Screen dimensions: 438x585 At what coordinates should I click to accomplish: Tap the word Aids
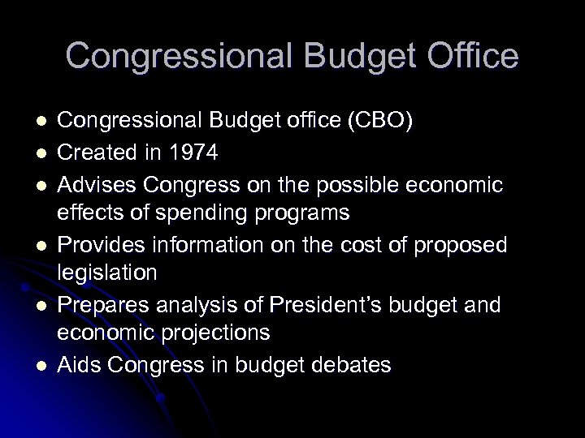tap(79, 366)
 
